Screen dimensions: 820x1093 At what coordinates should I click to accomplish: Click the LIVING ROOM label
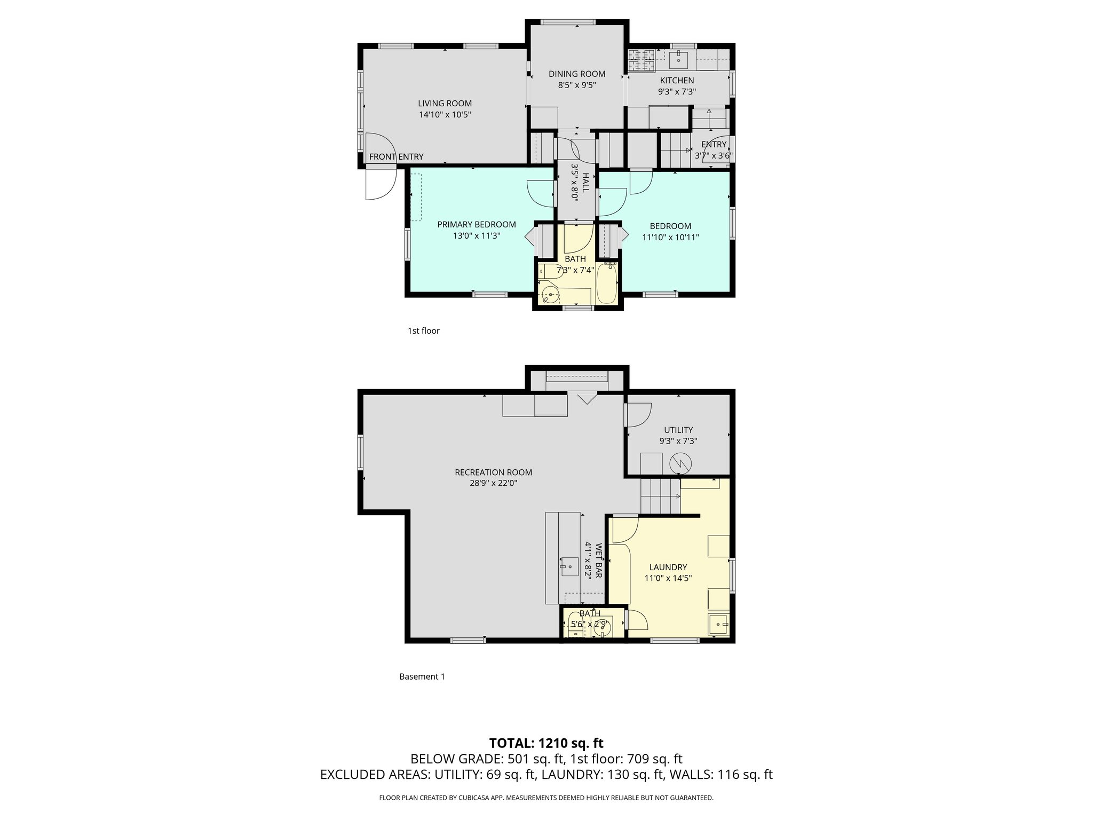(445, 104)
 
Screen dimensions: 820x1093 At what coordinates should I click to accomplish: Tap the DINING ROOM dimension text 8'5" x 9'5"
(577, 85)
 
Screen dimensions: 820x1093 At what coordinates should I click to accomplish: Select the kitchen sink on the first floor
(678, 58)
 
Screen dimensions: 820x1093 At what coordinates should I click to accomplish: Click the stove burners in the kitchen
(642, 60)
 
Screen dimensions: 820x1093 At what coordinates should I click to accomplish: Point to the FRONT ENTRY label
(396, 156)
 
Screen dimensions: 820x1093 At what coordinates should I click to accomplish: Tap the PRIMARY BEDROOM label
(476, 225)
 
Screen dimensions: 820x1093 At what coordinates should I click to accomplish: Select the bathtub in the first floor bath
(606, 283)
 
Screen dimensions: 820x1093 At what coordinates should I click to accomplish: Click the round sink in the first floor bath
(550, 294)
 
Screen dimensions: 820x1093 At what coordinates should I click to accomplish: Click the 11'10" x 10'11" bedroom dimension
(670, 237)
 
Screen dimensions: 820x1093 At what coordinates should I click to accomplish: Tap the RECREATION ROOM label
(493, 472)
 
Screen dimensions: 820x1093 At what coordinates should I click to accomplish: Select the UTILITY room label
(678, 430)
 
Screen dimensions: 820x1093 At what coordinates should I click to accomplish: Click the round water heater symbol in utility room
(680, 462)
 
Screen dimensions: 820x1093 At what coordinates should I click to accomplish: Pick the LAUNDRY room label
(668, 567)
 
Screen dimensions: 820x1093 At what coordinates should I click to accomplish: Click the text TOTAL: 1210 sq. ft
(546, 743)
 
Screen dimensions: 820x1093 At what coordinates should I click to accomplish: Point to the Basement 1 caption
(422, 676)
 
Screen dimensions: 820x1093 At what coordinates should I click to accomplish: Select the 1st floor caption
(423, 331)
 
